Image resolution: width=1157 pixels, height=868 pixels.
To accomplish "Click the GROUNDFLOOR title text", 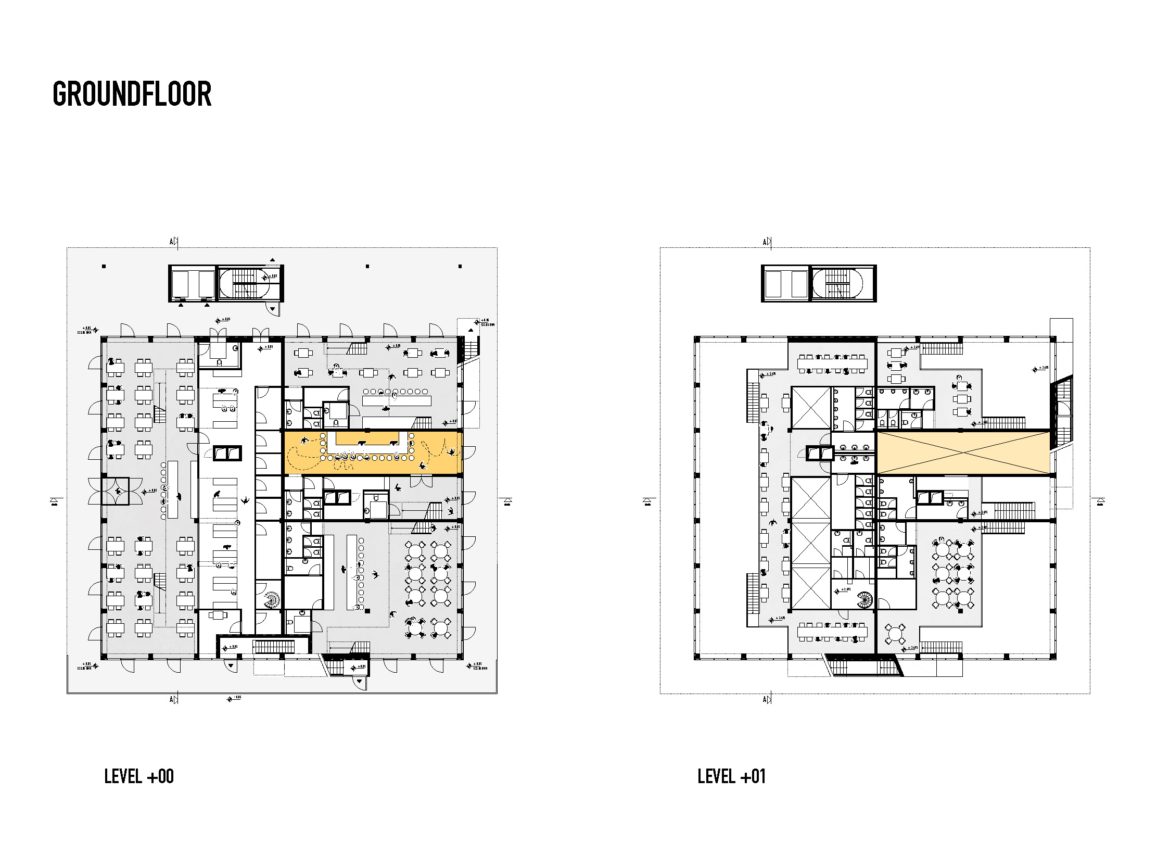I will point(132,94).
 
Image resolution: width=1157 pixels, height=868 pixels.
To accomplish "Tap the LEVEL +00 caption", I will point(138,776).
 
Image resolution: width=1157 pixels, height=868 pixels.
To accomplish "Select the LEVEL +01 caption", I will point(731,776).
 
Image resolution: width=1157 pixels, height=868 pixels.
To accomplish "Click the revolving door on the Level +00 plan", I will point(115,492).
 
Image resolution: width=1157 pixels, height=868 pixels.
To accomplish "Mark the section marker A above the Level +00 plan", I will point(173,241).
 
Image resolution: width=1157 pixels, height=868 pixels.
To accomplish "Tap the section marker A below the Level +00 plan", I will point(173,699).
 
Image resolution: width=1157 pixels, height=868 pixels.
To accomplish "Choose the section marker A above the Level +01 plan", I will point(767,242).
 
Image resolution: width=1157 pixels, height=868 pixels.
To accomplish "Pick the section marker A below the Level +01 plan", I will point(767,699).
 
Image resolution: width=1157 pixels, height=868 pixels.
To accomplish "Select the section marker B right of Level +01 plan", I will point(1100,502).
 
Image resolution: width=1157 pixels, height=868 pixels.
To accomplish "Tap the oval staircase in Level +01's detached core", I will point(843,283).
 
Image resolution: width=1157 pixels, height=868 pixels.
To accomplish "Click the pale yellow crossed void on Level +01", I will point(963,453).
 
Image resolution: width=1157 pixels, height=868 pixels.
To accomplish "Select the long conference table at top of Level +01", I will point(832,363).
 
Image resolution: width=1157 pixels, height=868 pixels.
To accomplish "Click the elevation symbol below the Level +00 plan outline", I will point(230,699).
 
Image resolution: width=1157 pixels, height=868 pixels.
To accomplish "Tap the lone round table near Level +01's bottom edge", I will point(895,635).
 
